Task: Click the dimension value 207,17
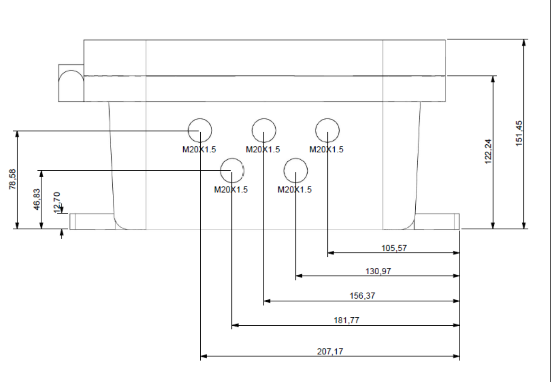pyautogui.click(x=330, y=351)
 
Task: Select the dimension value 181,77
pyautogui.click(x=346, y=320)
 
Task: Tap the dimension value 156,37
pyautogui.click(x=362, y=296)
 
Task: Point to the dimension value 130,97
pyautogui.click(x=378, y=271)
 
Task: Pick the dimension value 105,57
pyautogui.click(x=394, y=248)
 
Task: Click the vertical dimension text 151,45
pyautogui.click(x=519, y=133)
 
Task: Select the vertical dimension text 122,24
pyautogui.click(x=488, y=151)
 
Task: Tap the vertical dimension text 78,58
pyautogui.click(x=12, y=179)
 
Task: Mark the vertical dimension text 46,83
pyautogui.click(x=36, y=200)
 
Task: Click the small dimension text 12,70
pyautogui.click(x=57, y=202)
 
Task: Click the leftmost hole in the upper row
pyautogui.click(x=200, y=130)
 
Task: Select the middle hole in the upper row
pyautogui.click(x=264, y=130)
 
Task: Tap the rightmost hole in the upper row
pyautogui.click(x=327, y=130)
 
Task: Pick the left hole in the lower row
pyautogui.click(x=232, y=170)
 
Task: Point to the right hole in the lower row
pyautogui.click(x=296, y=170)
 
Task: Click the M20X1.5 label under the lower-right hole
pyautogui.click(x=294, y=190)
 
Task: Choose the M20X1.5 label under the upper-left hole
pyautogui.click(x=199, y=149)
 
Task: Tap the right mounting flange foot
pyautogui.click(x=437, y=221)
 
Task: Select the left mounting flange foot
pyautogui.click(x=92, y=221)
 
